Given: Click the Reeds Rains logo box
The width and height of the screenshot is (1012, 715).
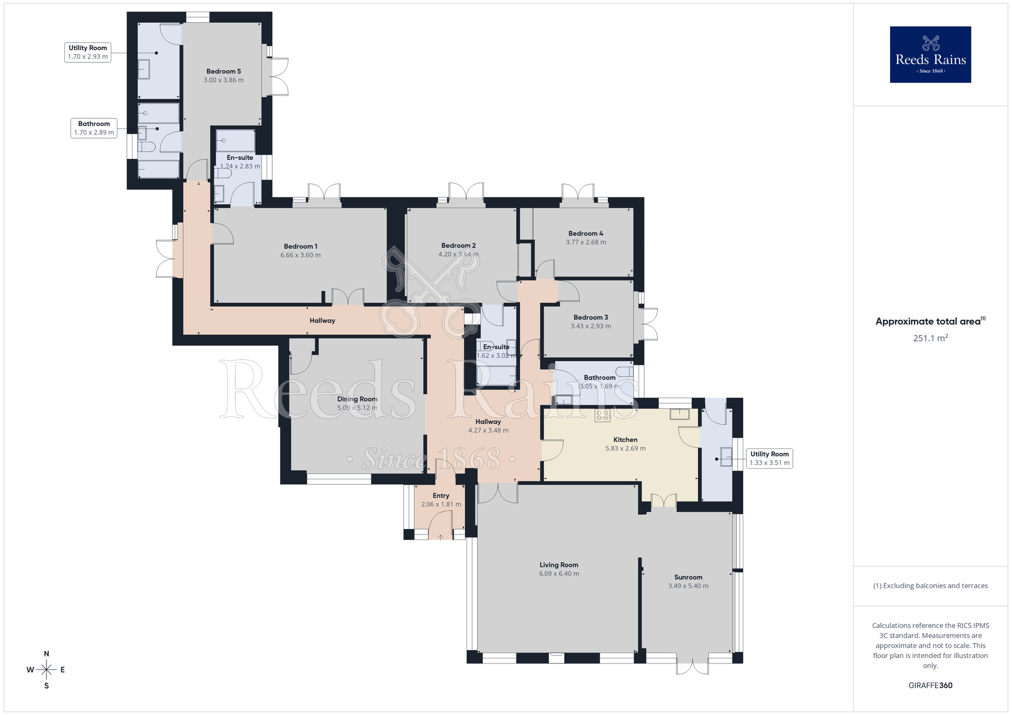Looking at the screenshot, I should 930,55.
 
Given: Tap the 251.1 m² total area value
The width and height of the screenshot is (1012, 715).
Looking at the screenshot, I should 930,338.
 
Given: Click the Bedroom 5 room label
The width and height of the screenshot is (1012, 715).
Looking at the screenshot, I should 224,71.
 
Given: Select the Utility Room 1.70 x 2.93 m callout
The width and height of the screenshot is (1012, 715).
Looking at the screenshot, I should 88,52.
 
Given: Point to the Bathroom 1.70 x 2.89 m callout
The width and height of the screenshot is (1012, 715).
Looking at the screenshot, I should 94,128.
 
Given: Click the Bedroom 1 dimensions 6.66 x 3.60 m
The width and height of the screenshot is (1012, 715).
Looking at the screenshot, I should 301,255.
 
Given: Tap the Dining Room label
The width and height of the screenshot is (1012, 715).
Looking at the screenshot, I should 357,399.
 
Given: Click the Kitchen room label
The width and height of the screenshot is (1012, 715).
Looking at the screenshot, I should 625,439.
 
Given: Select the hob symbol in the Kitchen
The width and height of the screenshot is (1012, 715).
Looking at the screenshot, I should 603,416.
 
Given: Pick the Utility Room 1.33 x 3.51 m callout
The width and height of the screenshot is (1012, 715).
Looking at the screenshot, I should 769,458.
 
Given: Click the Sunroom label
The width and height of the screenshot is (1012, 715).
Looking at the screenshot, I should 688,577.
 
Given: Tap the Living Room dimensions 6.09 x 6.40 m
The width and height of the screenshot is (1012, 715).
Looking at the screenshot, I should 559,574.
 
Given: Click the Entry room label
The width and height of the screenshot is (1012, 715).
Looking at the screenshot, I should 441,496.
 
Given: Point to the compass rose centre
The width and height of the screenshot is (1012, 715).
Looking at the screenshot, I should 47,670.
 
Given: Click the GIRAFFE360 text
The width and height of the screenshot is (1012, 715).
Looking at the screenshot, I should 930,686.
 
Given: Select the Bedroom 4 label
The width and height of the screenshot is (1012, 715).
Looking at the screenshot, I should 585,233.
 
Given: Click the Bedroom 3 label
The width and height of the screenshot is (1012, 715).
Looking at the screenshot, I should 591,317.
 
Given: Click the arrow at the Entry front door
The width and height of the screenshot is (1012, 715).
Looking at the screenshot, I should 440,537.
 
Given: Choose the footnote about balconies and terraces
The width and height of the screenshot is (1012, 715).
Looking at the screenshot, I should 930,586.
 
